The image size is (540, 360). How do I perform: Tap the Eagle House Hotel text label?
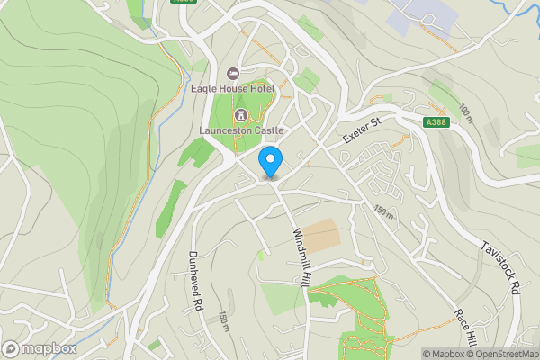pos(231,88)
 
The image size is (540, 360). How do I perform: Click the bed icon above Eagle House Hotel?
pos(233,73)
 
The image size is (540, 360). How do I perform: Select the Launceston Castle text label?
pos(241,130)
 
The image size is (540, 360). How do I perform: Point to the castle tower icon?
pos(241,115)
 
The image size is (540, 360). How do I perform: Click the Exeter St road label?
pos(362,130)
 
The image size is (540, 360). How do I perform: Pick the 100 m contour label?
pos(465,113)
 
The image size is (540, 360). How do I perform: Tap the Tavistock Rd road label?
pos(501,268)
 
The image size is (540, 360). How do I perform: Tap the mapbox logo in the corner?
pos(38,347)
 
